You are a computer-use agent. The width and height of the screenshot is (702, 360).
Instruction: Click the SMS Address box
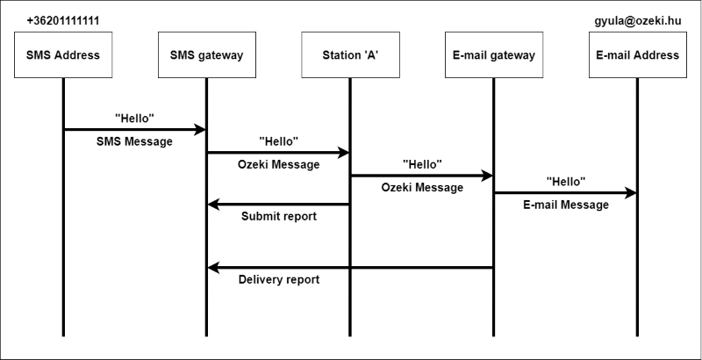point(63,55)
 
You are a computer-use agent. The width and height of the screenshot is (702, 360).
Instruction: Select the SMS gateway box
point(206,55)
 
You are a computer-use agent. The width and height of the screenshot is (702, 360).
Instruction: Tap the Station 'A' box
point(349,55)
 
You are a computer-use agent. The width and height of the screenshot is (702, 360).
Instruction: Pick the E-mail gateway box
point(493,55)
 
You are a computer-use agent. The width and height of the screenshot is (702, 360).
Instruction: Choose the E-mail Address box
point(637,55)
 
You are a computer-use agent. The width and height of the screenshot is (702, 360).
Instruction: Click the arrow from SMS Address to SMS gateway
point(134,129)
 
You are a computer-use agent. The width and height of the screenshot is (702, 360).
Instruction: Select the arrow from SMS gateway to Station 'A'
point(278,152)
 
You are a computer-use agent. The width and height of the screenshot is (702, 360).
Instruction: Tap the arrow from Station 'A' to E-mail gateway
point(421,175)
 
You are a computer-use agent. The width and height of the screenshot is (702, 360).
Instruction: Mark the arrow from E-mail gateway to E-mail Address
point(565,192)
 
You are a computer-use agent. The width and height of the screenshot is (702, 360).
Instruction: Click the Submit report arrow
point(278,205)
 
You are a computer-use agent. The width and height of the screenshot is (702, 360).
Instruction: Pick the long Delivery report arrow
point(349,268)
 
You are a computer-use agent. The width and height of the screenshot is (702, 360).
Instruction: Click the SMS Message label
point(134,142)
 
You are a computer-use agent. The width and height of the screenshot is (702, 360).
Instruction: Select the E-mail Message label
point(565,205)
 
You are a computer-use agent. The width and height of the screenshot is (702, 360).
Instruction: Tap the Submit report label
point(278,217)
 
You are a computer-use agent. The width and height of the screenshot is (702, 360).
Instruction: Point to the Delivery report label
point(279,280)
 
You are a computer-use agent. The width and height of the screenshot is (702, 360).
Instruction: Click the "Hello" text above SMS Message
point(134,117)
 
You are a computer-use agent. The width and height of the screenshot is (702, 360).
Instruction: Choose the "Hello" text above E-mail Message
point(565,181)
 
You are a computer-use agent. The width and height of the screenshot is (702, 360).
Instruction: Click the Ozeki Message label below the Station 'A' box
point(278,164)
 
